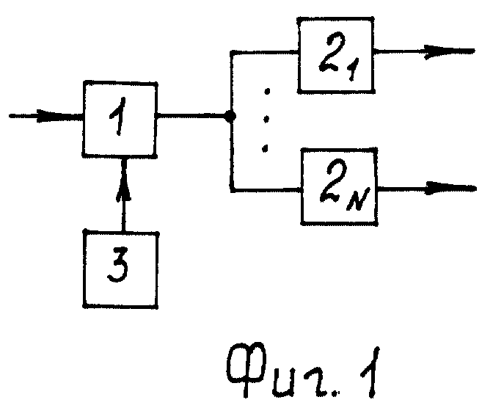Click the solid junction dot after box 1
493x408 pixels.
(x=230, y=117)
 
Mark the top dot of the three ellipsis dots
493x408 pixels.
(x=267, y=92)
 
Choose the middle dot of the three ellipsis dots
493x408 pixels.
(x=266, y=119)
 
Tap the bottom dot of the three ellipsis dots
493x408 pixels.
(x=265, y=147)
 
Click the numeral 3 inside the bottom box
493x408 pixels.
(x=118, y=265)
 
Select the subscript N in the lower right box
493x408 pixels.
(x=359, y=199)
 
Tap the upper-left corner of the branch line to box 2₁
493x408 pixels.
(x=232, y=52)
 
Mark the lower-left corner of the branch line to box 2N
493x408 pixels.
(x=233, y=190)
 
